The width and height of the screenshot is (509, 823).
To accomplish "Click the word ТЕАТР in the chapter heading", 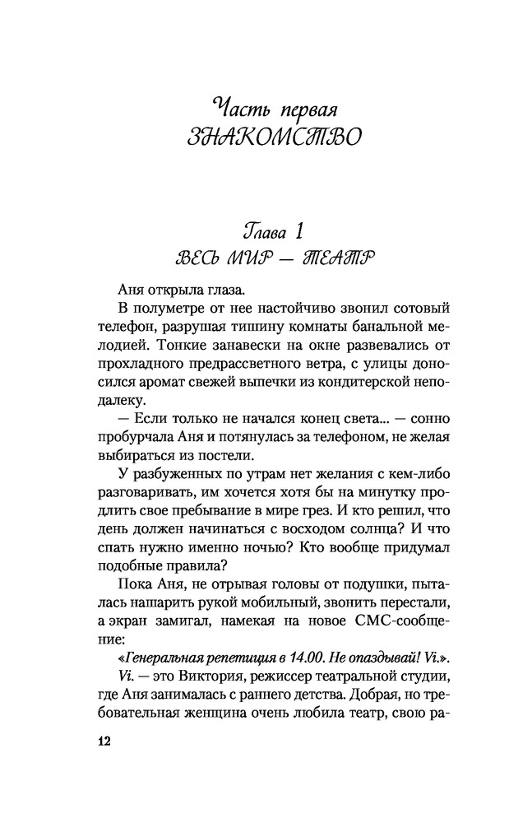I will [x=326, y=262].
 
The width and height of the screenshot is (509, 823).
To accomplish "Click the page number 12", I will [x=104, y=740].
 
